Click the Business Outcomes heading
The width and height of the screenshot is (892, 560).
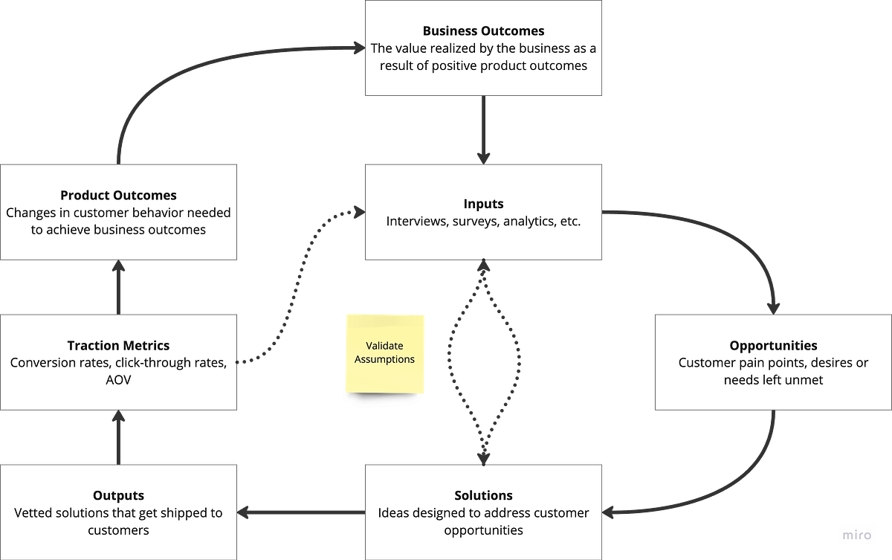tap(483, 31)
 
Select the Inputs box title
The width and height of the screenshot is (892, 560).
tap(483, 204)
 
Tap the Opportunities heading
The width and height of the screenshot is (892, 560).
tap(773, 346)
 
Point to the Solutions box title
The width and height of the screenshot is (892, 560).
tap(483, 495)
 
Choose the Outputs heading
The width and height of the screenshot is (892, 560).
tap(119, 495)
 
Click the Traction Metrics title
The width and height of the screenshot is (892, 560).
tap(119, 345)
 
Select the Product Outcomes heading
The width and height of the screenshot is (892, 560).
tap(119, 195)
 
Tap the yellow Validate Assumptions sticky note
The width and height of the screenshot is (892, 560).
tap(384, 353)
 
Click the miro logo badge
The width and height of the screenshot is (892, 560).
tap(857, 534)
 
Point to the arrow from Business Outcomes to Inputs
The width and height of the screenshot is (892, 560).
tap(484, 130)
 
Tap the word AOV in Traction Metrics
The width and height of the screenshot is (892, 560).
tap(119, 380)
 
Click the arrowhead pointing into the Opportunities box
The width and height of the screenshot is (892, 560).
tap(775, 305)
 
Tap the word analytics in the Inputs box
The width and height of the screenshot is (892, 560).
tap(526, 222)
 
